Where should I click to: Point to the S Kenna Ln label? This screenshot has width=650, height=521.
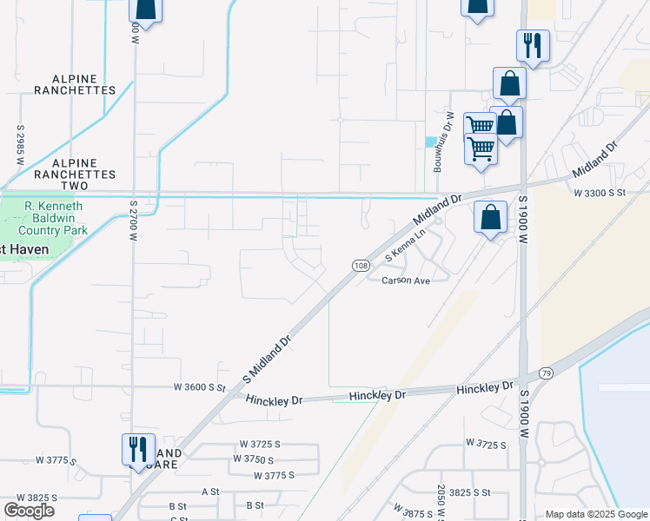(x=408, y=246)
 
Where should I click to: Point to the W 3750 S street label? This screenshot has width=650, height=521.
(x=254, y=459)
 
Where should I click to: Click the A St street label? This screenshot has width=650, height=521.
(x=210, y=491)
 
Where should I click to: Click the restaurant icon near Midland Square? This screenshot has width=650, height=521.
(x=138, y=448)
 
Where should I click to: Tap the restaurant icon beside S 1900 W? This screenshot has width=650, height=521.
(x=533, y=45)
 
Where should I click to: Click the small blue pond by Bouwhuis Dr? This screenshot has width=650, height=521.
(x=430, y=142)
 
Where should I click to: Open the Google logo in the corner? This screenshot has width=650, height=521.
(x=29, y=511)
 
